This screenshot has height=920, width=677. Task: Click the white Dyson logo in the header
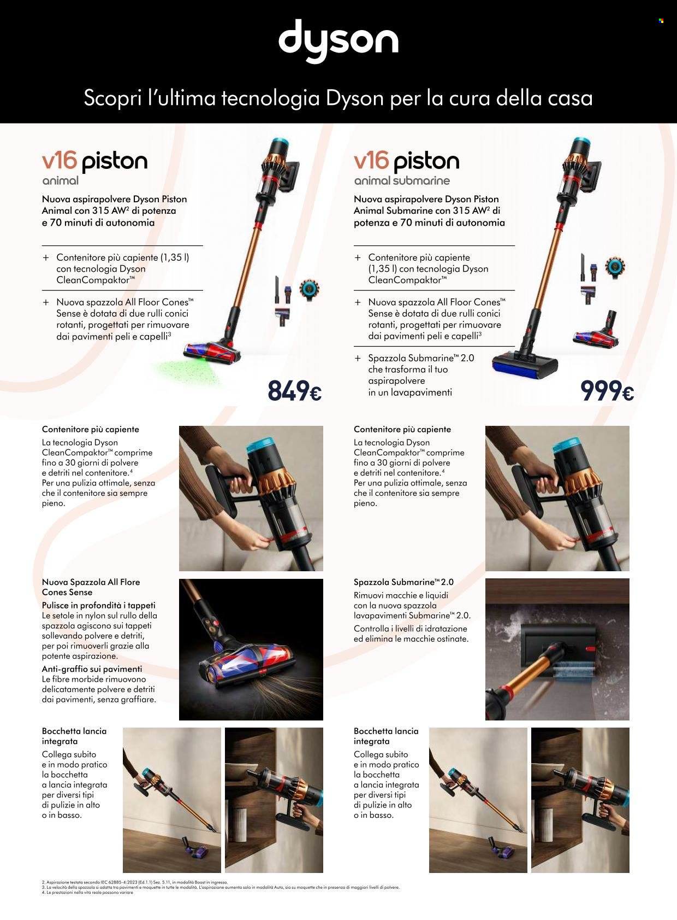tap(339, 40)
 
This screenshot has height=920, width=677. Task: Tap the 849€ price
tap(295, 391)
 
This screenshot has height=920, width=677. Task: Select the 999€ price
tap(607, 391)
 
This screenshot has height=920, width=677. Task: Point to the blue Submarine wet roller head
tap(525, 365)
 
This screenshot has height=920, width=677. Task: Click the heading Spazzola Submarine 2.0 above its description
tap(403, 582)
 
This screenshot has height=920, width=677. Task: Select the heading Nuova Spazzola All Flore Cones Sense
tap(91, 587)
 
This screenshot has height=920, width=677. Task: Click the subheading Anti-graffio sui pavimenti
tap(92, 669)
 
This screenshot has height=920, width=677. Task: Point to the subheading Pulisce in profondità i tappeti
tap(98, 605)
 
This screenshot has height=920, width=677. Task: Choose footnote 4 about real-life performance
tap(87, 893)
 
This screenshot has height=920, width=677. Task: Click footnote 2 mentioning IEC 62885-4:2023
tap(134, 882)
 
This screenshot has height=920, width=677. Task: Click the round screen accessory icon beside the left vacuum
tap(309, 290)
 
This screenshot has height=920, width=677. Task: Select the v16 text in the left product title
tap(60, 161)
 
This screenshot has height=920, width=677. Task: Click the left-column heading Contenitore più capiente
tap(90, 430)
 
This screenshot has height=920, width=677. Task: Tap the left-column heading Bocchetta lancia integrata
tap(74, 736)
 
